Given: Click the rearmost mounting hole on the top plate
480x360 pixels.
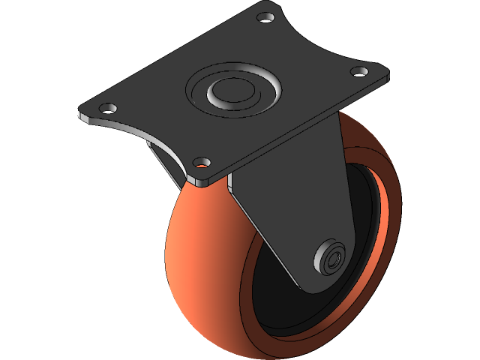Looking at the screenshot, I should pos(265,16).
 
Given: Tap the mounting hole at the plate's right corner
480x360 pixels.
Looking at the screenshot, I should pos(360,71).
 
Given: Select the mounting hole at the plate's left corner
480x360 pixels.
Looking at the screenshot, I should pos(107,107).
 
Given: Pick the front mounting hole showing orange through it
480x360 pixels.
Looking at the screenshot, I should pos(200,160).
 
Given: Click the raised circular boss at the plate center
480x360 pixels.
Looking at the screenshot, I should pos(233,90).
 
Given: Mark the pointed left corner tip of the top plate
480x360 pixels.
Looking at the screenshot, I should pos(79,115).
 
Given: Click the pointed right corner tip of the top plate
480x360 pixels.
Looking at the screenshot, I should pos(388,75).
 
